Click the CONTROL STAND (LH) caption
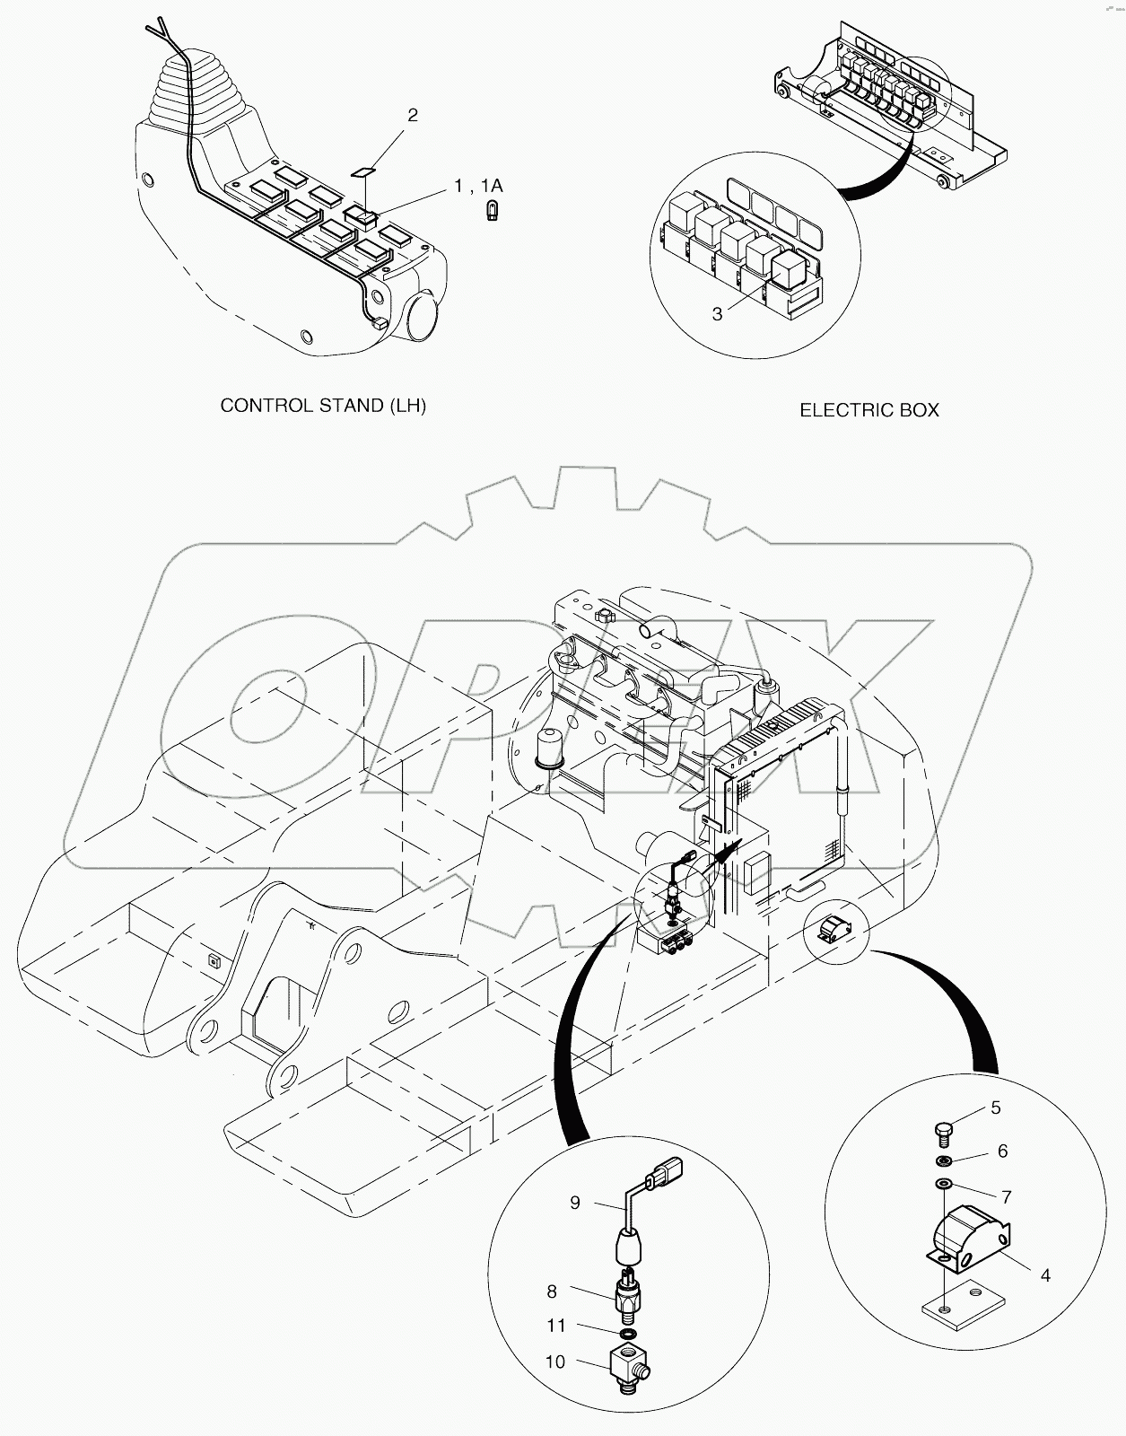323,406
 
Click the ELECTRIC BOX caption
869,410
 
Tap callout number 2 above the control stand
412,115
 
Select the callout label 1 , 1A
478,186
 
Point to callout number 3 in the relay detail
717,313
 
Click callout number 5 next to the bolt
995,1108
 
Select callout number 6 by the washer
1002,1151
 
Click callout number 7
1007,1196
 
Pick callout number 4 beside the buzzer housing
1045,1274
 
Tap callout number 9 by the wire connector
575,1203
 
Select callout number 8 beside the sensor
552,1292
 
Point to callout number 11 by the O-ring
556,1326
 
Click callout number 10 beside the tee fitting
555,1362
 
